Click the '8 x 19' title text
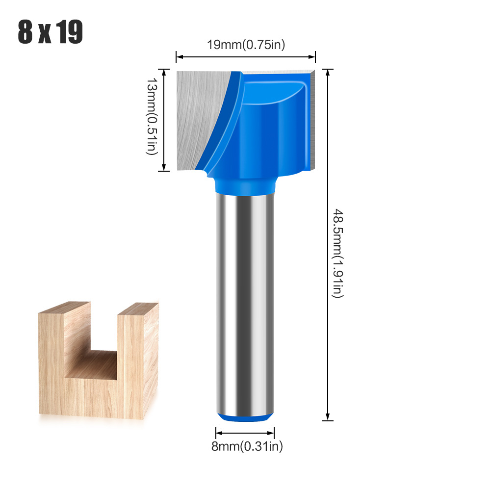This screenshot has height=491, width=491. tap(51, 32)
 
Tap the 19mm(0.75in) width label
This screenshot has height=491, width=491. tap(246, 45)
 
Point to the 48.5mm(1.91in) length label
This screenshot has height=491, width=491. tap(338, 253)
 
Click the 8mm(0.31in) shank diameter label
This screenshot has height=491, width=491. tap(245, 446)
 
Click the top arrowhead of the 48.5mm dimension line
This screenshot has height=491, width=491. tap(328, 72)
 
